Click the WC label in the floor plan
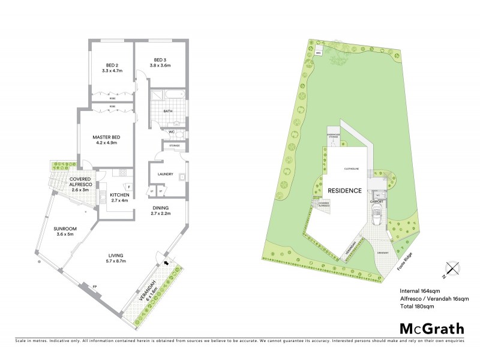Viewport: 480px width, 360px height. click(171, 132)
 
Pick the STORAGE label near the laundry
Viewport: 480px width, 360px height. click(175, 145)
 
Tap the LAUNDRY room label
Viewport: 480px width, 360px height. click(166, 175)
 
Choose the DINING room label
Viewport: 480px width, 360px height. click(161, 208)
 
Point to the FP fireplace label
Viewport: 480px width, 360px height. click(94, 287)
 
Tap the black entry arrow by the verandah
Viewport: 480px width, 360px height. click(166, 262)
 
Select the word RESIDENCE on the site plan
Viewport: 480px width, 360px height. click(344, 191)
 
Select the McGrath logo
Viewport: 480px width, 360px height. click(432, 328)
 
